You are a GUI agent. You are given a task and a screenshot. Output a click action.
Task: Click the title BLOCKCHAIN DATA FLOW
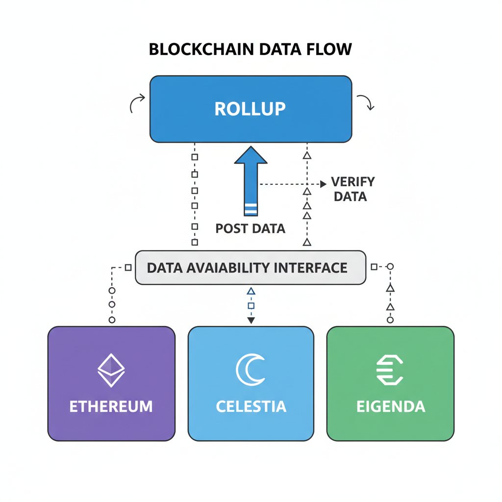pyautogui.click(x=250, y=50)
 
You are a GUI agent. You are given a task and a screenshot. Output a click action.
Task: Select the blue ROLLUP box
pyautogui.click(x=251, y=109)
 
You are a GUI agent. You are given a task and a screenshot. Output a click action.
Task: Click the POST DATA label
pyautogui.click(x=251, y=228)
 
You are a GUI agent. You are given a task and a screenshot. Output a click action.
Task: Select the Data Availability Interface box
pyautogui.click(x=251, y=268)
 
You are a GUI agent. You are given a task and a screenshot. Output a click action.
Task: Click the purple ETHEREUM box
pyautogui.click(x=111, y=383)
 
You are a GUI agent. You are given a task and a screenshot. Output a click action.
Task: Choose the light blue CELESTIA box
pyautogui.click(x=251, y=383)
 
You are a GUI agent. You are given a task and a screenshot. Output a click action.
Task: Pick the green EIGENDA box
pyautogui.click(x=390, y=383)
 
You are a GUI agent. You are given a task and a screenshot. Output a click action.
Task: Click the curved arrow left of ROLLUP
pyautogui.click(x=137, y=102)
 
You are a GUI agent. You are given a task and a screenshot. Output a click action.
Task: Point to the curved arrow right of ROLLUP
pyautogui.click(x=366, y=101)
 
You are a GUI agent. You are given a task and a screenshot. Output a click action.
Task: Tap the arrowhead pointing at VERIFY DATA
pyautogui.click(x=323, y=184)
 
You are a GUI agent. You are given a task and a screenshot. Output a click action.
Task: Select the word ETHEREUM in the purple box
pyautogui.click(x=111, y=406)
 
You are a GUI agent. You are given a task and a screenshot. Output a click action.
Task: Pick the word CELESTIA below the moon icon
pyautogui.click(x=251, y=406)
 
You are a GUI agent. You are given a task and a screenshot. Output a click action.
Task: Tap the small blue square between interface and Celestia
pyautogui.click(x=251, y=306)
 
